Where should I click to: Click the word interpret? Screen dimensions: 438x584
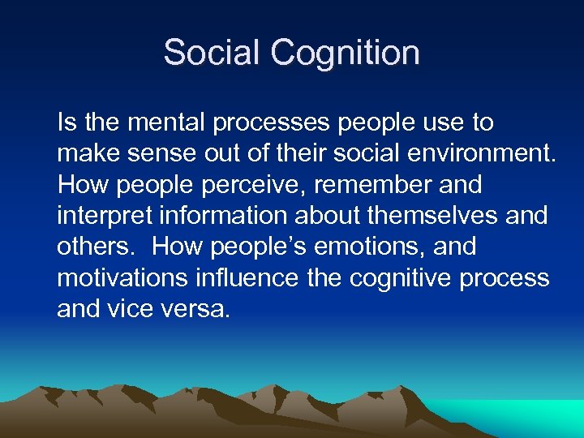coord(101,216)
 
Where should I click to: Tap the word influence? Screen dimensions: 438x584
coord(251,277)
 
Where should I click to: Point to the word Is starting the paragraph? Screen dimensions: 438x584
coord(65,123)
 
